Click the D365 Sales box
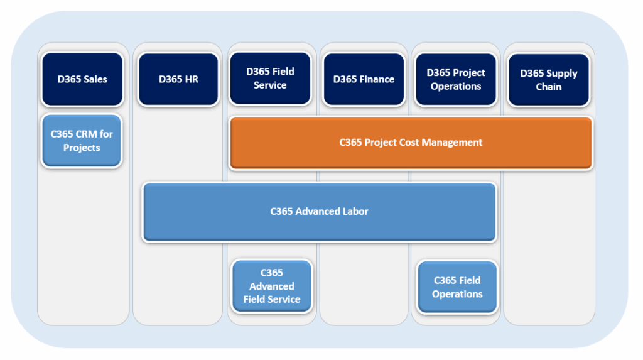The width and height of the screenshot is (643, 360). [x=82, y=79]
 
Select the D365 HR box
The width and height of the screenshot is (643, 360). [x=178, y=79]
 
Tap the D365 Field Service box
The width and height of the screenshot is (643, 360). [x=270, y=79]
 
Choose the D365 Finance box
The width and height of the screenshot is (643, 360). [x=364, y=79]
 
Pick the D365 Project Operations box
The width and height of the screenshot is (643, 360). [x=456, y=79]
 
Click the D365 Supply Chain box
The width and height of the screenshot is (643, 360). [x=548, y=80]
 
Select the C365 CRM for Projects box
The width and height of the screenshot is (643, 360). [x=82, y=141]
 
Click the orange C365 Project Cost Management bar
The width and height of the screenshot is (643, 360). [x=411, y=143]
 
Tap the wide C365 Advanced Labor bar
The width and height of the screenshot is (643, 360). [x=319, y=212]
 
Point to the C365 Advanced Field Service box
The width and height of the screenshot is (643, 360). [x=271, y=286]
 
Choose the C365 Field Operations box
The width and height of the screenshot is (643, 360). [x=457, y=287]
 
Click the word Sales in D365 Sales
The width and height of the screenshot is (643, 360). [x=95, y=79]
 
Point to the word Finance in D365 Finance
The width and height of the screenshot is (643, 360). [x=377, y=79]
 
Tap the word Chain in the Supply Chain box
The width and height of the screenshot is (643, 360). [x=548, y=87]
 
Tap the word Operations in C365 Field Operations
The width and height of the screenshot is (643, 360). [x=457, y=294]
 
